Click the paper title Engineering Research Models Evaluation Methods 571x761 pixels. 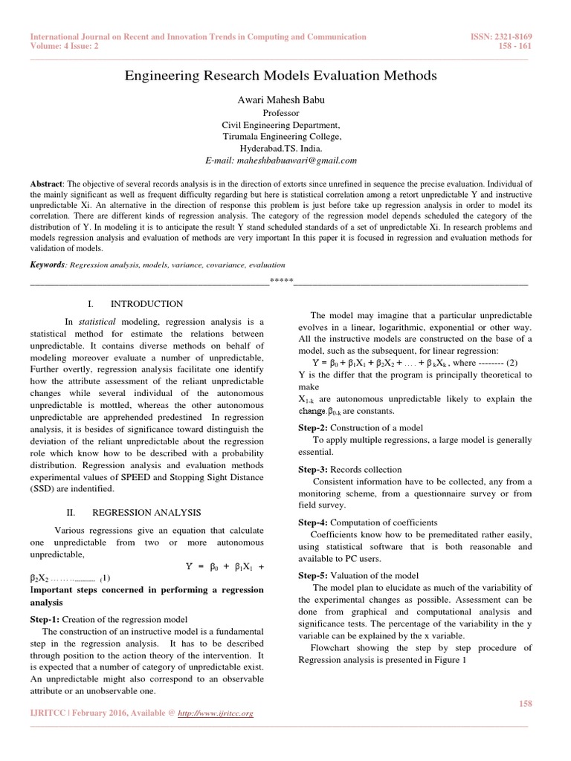click(x=280, y=76)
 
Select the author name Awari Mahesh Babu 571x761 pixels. click(x=280, y=100)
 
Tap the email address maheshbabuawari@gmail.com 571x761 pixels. click(x=281, y=160)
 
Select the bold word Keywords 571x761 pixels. click(x=47, y=265)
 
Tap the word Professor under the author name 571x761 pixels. click(x=280, y=113)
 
